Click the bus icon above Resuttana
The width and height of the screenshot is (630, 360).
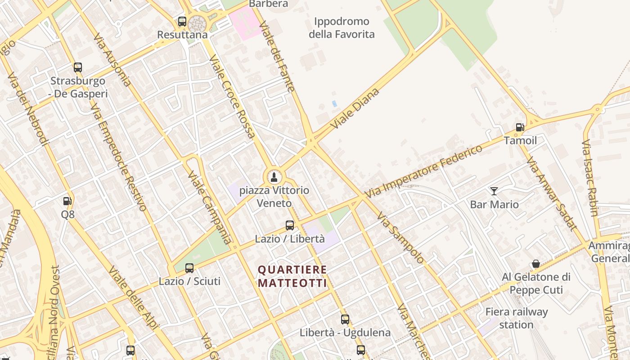click(x=182, y=21)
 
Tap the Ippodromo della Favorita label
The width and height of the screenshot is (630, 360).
click(x=342, y=27)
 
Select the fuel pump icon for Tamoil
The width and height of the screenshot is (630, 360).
click(x=520, y=127)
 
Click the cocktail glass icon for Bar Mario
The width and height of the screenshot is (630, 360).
click(x=494, y=191)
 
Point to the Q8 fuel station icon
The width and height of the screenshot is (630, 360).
click(x=67, y=201)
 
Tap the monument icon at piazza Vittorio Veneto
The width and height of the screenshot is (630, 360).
click(x=274, y=177)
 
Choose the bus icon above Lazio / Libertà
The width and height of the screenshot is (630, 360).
click(x=290, y=225)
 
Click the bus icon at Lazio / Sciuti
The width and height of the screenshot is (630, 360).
click(x=189, y=268)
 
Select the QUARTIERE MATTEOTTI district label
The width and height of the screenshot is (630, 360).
click(x=292, y=276)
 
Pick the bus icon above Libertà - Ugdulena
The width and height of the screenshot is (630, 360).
click(x=345, y=319)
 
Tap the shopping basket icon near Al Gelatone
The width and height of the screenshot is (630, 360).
click(x=536, y=264)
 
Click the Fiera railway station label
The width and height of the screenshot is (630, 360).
click(x=516, y=318)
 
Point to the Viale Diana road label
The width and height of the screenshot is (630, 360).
click(x=355, y=109)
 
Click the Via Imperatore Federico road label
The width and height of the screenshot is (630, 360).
click(x=423, y=171)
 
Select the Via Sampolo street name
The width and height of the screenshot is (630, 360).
click(x=400, y=238)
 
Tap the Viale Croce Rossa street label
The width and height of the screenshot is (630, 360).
click(x=232, y=96)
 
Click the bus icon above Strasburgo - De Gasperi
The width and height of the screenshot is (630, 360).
click(x=78, y=67)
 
